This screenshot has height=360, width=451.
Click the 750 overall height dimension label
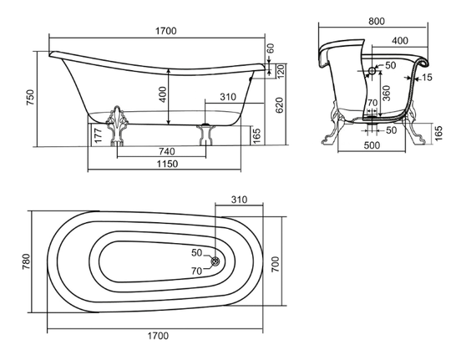tap(30, 97)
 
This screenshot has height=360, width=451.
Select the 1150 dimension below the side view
tap(167, 164)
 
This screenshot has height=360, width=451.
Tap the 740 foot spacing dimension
tap(166, 151)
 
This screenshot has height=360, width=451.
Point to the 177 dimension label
tap(98, 135)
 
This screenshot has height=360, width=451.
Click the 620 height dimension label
tap(279, 105)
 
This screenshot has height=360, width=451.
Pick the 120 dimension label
tap(281, 71)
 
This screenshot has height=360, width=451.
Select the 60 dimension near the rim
tap(271, 48)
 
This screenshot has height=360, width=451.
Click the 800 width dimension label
tap(377, 21)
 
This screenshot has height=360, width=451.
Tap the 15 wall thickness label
tap(427, 77)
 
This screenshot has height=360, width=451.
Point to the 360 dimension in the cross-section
tap(387, 93)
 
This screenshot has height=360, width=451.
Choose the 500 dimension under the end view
tap(372, 145)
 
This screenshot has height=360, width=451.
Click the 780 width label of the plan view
tap(26, 261)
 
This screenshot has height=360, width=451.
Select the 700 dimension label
tap(276, 265)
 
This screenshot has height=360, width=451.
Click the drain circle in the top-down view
tap(215, 261)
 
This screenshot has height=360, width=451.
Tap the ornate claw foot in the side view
tap(117, 126)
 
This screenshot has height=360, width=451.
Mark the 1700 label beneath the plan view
tap(158, 336)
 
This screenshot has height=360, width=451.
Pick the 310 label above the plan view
tap(239, 200)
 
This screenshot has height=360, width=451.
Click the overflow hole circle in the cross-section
tap(372, 70)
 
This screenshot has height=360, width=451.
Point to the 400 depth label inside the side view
tap(163, 94)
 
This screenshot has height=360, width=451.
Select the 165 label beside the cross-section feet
tap(438, 134)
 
